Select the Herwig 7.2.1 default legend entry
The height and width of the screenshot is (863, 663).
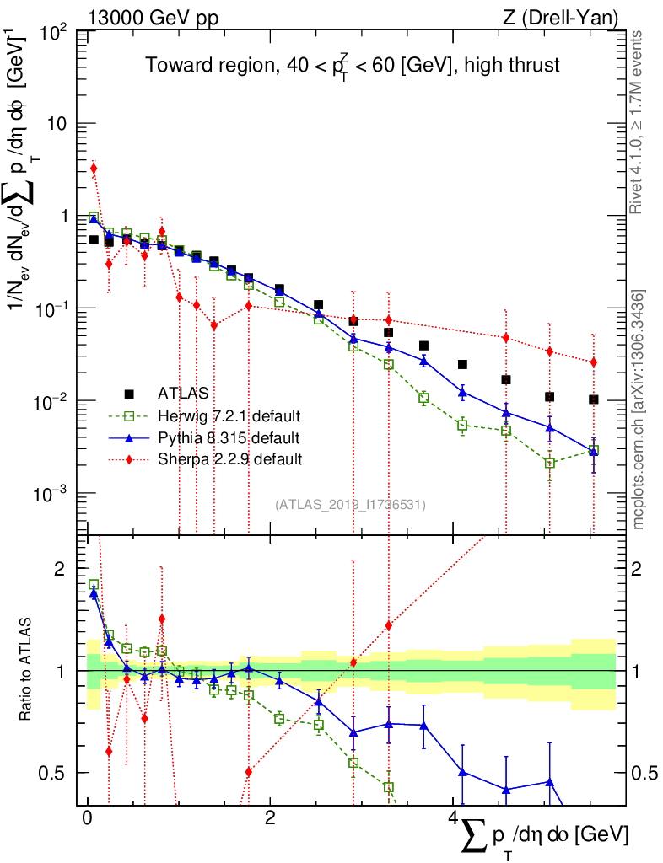(229, 415)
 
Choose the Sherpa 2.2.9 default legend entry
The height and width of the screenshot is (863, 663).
(229, 459)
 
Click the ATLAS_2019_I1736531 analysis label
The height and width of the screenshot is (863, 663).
(350, 505)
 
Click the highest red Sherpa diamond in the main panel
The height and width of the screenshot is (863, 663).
(94, 169)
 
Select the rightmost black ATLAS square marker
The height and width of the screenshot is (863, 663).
(594, 399)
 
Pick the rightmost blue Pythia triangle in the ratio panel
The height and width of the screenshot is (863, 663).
(549, 782)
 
